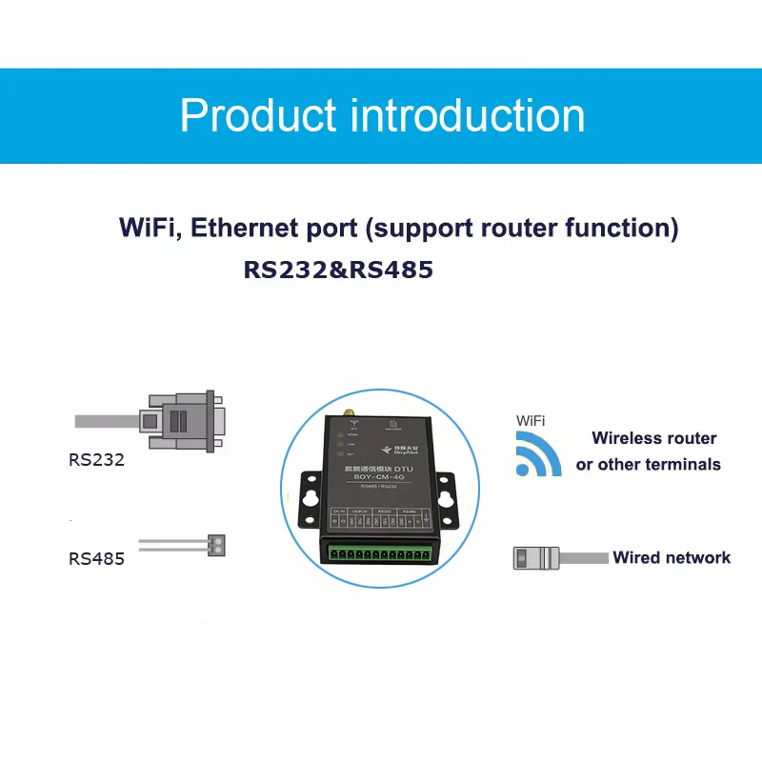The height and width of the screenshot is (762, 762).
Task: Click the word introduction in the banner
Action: [468, 116]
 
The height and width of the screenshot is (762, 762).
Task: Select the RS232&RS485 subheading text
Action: [338, 270]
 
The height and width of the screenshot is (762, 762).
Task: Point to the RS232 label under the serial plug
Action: [96, 459]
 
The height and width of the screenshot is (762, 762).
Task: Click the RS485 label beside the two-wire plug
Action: [96, 558]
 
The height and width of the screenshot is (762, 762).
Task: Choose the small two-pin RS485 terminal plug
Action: [220, 546]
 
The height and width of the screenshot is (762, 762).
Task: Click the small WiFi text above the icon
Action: [531, 420]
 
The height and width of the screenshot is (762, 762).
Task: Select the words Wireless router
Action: [653, 438]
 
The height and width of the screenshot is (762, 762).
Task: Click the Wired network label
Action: [672, 557]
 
